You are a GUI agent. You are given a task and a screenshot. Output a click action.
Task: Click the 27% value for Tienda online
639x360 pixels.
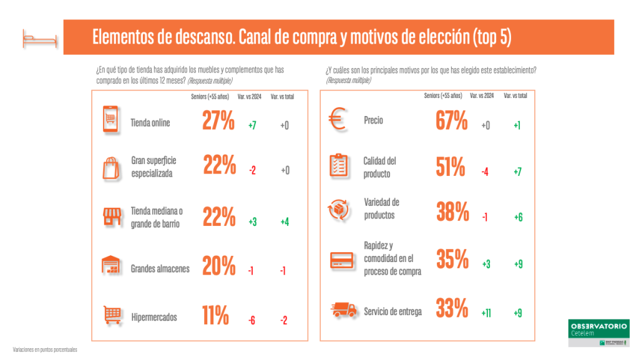[x=218, y=120]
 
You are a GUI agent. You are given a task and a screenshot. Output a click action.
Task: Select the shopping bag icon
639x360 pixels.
[x=111, y=167]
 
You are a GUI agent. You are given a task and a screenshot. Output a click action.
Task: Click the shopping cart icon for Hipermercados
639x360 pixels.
[x=111, y=316]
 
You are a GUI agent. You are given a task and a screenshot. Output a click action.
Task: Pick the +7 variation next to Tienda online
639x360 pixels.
[x=252, y=125]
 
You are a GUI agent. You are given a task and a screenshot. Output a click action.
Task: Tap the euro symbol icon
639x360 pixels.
[x=338, y=119]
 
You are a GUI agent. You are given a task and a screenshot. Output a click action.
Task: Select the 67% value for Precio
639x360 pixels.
[x=452, y=120]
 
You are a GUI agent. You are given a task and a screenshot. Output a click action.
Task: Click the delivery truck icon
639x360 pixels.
[x=342, y=311]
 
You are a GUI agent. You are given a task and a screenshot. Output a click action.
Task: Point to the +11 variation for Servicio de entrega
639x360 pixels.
[x=487, y=313]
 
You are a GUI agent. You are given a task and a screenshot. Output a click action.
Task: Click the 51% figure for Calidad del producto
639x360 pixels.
[x=450, y=167]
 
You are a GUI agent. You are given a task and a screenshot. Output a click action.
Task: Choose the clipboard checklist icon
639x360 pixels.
[x=338, y=166]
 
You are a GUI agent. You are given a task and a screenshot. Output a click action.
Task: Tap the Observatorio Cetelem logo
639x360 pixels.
[x=598, y=332]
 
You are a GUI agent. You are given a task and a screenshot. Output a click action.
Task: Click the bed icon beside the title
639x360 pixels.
[x=40, y=38]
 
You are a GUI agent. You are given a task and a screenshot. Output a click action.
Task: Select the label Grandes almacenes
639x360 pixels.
[x=160, y=270]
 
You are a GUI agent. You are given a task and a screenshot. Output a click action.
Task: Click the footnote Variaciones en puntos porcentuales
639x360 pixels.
[x=45, y=350]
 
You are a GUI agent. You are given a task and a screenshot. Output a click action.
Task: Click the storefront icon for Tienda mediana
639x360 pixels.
[x=111, y=217]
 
